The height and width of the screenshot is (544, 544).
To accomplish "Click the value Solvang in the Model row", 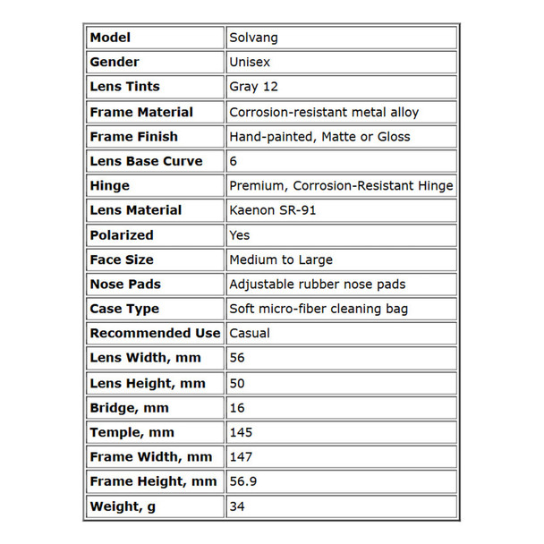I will point(253,38).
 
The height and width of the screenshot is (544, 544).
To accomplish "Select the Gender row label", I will point(115,63).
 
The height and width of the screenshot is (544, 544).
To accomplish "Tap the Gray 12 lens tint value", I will point(255,87).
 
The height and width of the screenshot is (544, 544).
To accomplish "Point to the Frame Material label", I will point(141,112).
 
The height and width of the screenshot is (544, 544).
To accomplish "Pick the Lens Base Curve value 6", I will point(234,161).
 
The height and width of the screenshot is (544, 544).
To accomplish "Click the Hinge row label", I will point(110,186).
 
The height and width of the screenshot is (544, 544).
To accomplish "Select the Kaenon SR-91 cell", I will point(273,210).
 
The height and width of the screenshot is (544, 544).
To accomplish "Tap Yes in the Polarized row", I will point(241,235).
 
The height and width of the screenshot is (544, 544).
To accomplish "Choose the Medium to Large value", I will point(281,259).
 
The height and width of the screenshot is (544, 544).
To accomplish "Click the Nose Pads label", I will point(124,285).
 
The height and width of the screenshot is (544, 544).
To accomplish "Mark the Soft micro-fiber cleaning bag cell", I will point(319,309).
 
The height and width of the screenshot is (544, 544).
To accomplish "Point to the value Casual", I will point(250,333).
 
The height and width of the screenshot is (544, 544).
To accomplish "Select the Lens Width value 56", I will point(238,358).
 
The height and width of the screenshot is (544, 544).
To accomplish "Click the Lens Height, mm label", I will point(148,383).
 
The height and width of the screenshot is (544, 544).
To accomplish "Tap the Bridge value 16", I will point(238,408).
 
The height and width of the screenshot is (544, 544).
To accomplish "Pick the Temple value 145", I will point(242,432).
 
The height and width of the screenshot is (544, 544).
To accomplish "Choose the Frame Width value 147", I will point(242,457).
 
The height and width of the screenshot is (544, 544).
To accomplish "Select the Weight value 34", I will point(238,506).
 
